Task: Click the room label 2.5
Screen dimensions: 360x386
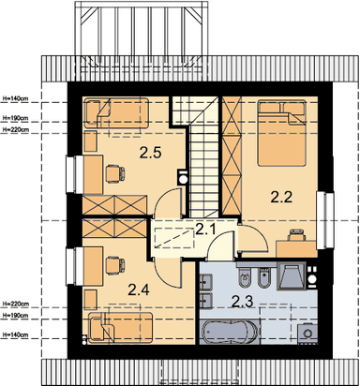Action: (x=150, y=153)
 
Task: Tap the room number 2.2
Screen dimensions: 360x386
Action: (x=281, y=197)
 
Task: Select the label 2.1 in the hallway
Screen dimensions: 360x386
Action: (x=205, y=230)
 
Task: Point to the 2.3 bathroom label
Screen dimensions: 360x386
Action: (x=242, y=302)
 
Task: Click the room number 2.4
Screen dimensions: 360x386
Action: (x=139, y=289)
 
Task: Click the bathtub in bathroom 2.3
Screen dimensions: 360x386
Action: (x=231, y=332)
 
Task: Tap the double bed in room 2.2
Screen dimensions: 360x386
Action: (x=281, y=132)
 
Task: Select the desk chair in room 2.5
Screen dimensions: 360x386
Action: (x=115, y=173)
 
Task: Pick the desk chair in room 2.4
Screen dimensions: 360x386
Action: (x=115, y=265)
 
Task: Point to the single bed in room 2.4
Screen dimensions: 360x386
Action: (x=120, y=328)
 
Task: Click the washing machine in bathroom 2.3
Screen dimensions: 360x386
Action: (x=307, y=334)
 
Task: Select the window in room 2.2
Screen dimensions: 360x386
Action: (x=325, y=220)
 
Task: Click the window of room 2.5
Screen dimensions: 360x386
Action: (x=74, y=174)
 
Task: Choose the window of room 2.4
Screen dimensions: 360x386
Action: (x=74, y=266)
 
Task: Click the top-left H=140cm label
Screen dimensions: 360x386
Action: (x=15, y=98)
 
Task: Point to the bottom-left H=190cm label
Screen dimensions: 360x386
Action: (x=15, y=316)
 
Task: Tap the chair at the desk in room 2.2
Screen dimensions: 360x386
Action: (x=297, y=235)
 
